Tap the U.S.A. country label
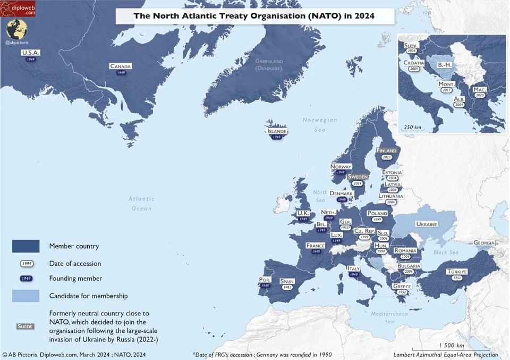[x=31, y=53]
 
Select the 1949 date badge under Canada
[x=121, y=73]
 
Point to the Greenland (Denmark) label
[x=269, y=65]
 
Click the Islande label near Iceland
[x=277, y=131]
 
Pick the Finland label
[x=386, y=151]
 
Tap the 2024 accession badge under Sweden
[x=358, y=183]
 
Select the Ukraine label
[x=426, y=224]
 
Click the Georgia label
[x=483, y=242]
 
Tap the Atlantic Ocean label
[x=142, y=203]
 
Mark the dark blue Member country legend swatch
[x=26, y=246]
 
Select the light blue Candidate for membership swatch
[x=26, y=296]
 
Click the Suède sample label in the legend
[x=26, y=326]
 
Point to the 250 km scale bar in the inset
[x=412, y=128]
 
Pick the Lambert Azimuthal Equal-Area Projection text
[x=446, y=355]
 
